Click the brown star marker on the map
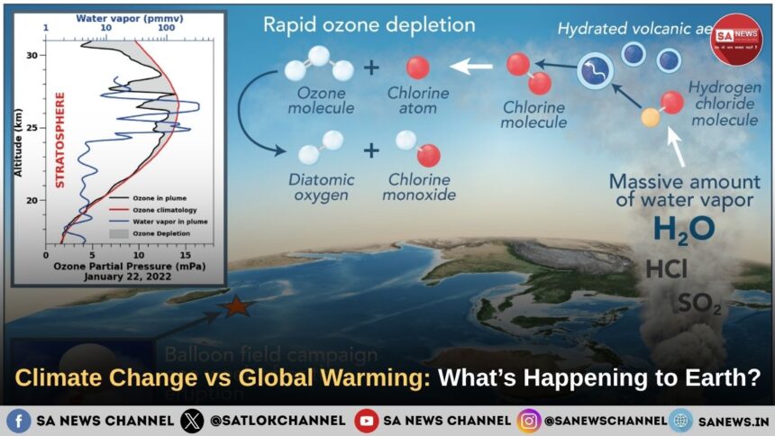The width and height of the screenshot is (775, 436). (x=237, y=306)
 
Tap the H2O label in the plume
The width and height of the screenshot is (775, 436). (x=683, y=229)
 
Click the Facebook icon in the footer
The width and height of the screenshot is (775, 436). (x=18, y=420)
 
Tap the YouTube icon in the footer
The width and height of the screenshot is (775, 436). (x=366, y=420)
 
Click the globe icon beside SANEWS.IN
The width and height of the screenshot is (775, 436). (x=680, y=420)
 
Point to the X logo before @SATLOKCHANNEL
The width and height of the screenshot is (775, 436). (x=192, y=420)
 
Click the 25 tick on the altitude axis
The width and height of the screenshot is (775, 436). (x=32, y=127)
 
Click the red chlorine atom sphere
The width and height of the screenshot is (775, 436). (x=417, y=68)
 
